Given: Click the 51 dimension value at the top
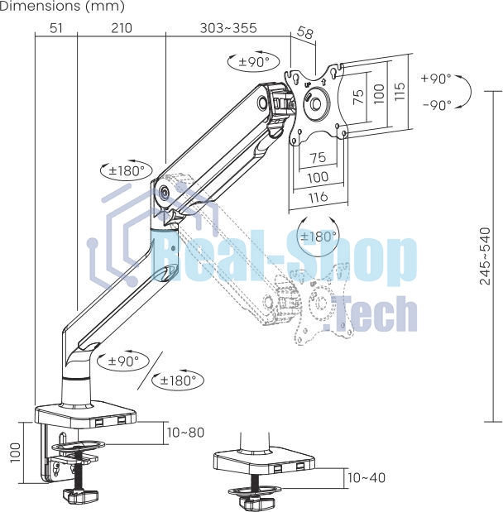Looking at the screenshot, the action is tap(56, 28).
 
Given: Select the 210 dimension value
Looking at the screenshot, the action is tap(122, 28).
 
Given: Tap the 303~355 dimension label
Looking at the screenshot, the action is tap(228, 28).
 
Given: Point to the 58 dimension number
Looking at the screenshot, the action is tap(304, 33).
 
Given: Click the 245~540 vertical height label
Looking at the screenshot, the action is tap(485, 256).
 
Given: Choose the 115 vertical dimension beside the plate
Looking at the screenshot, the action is tap(400, 91).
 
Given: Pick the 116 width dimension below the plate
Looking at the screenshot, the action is tap(318, 197).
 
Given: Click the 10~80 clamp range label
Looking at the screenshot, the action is tap(185, 433).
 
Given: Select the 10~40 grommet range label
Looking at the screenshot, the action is tap(366, 478).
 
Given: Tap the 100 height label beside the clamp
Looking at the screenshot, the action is tap(16, 452).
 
